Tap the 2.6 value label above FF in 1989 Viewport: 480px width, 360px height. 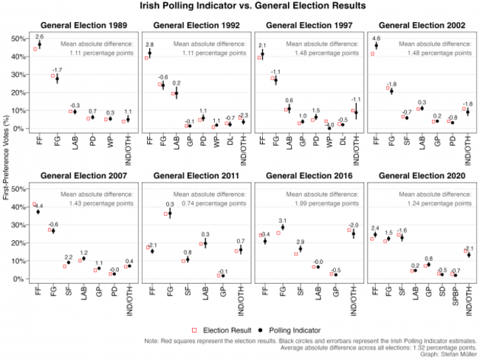coord(40,36)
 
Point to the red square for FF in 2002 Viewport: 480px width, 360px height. coord(372,54)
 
